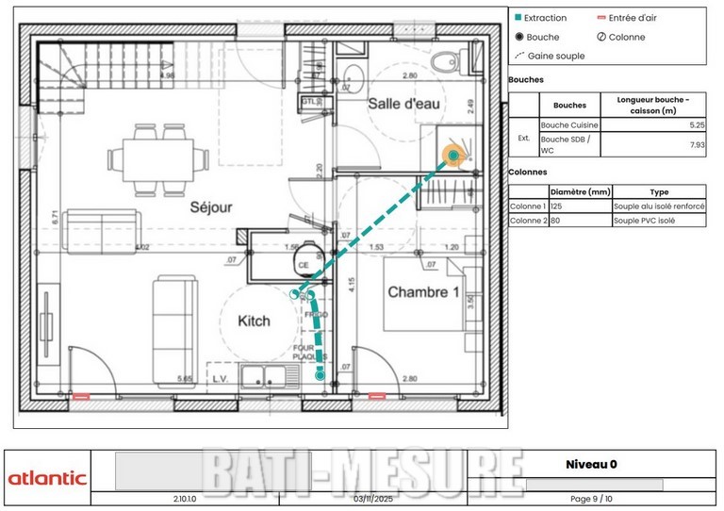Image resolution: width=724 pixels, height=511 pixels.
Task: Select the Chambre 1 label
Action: [423, 292]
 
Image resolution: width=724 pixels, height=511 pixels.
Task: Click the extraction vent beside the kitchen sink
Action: [321, 375]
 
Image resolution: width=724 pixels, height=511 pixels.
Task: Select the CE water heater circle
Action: [304, 265]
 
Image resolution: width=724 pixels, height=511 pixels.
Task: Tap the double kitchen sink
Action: [270, 375]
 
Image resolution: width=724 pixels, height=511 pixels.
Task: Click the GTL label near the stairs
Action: [311, 101]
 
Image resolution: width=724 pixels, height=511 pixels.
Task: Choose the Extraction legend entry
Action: [540, 18]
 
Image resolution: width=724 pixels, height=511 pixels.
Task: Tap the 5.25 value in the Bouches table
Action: [698, 124]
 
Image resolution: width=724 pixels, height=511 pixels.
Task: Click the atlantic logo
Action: [47, 478]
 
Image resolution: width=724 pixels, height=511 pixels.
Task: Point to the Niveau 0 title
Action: [592, 464]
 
